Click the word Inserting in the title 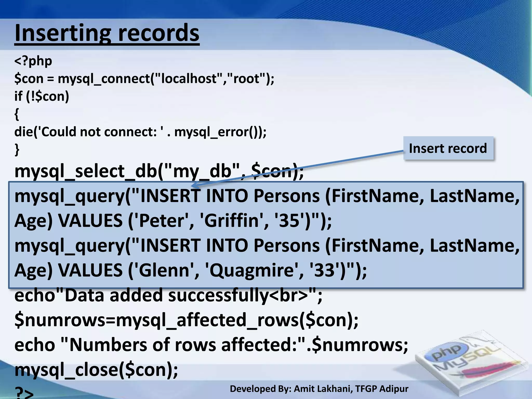(x=62, y=33)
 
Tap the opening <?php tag (x=33, y=61)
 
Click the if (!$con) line (x=42, y=96)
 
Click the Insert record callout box (x=448, y=148)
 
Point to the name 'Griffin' (x=232, y=221)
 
